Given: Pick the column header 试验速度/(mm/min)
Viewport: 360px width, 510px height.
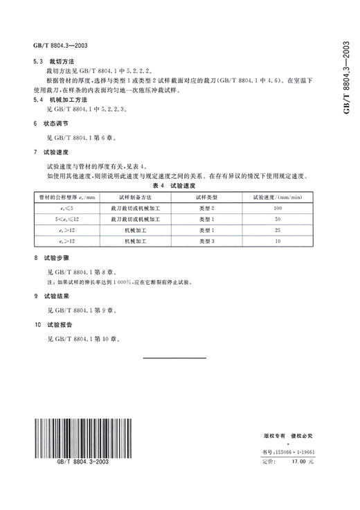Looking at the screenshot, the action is tap(279, 197).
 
